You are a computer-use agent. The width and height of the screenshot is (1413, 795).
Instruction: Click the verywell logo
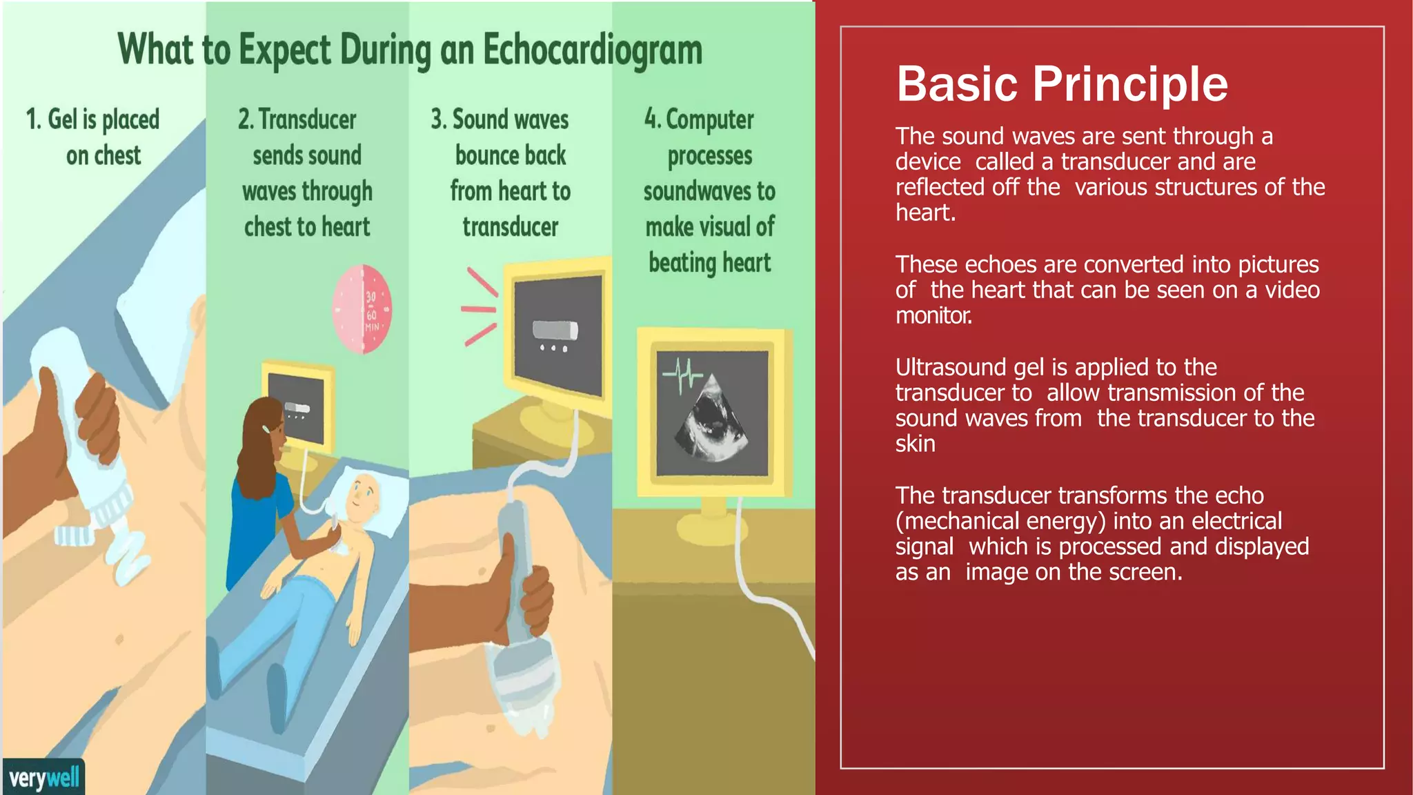(x=44, y=778)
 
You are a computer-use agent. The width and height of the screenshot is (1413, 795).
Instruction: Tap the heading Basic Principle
(x=1062, y=84)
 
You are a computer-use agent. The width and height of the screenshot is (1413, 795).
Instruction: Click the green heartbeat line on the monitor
(x=682, y=375)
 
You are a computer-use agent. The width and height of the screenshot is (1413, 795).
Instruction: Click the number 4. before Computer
(x=652, y=119)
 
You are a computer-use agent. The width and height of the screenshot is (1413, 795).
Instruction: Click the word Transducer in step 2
(x=308, y=119)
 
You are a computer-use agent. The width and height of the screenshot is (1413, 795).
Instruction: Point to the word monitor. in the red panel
(x=933, y=315)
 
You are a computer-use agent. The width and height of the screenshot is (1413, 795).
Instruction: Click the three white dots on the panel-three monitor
(x=553, y=349)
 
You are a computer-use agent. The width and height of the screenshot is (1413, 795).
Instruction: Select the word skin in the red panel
(x=915, y=444)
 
